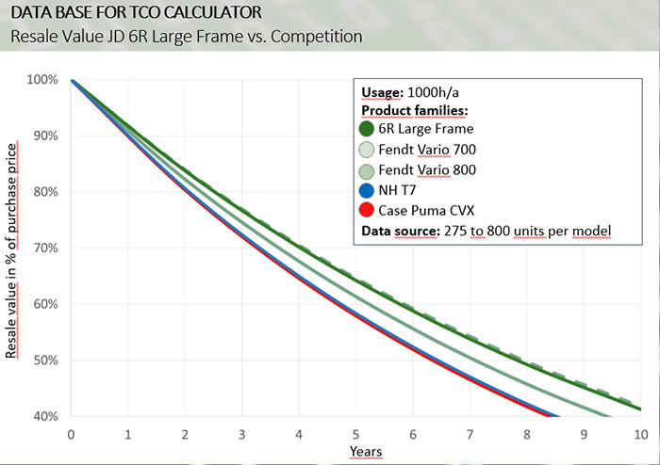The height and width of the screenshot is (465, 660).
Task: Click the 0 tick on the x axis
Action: tap(72, 436)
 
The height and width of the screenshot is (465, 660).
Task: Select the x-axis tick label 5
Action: tap(356, 436)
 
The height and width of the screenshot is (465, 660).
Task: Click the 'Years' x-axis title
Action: tap(366, 452)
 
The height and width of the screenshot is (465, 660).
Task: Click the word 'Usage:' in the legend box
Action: tap(382, 92)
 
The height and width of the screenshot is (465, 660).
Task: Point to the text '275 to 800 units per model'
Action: tap(532, 231)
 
